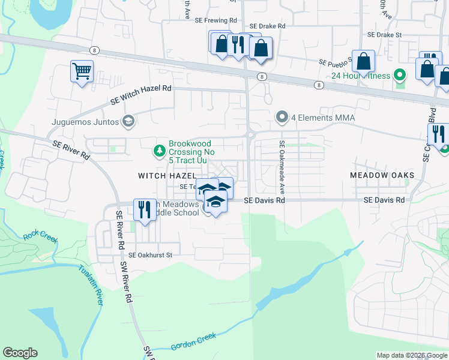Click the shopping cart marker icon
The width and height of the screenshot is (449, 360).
(x=82, y=71)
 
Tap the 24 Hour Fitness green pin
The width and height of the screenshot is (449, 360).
(x=401, y=76)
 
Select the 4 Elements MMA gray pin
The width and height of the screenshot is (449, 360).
(x=282, y=117)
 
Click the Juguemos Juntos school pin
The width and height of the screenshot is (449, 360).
(x=127, y=121)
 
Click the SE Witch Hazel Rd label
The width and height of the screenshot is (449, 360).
(x=141, y=95)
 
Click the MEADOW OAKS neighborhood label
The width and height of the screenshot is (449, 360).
(x=382, y=175)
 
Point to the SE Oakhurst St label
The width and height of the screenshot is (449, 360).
(x=150, y=255)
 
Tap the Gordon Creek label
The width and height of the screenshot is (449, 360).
(x=193, y=342)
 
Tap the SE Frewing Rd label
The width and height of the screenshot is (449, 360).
(x=217, y=20)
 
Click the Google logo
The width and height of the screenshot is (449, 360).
(x=20, y=353)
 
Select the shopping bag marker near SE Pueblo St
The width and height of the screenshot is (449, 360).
(x=364, y=61)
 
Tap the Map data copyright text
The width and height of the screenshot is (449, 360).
(x=412, y=355)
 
